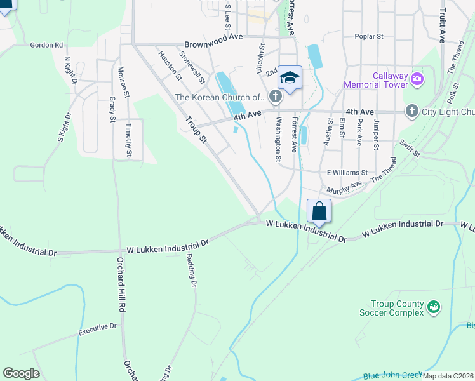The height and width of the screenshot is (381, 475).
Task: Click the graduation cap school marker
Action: [290, 78]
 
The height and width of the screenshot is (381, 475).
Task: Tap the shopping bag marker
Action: [319, 211]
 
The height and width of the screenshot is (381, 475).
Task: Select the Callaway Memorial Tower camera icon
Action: [417, 79]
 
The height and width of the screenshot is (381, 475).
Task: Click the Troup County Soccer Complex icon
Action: [434, 308]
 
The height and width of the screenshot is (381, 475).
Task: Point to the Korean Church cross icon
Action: [275, 97]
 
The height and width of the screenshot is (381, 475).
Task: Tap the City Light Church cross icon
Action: [411, 111]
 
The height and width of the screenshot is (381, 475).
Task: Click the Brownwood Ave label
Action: [214, 44]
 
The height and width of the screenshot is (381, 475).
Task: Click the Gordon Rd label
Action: [47, 45]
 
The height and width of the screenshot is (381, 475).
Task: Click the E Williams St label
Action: [347, 172]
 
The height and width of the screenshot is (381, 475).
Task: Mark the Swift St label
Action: [410, 150]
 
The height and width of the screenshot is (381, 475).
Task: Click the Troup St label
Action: [196, 129]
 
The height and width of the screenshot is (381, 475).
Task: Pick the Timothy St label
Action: [129, 140]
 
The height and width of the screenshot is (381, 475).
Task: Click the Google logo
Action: [21, 373]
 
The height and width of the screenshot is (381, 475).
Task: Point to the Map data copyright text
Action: [448, 376]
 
